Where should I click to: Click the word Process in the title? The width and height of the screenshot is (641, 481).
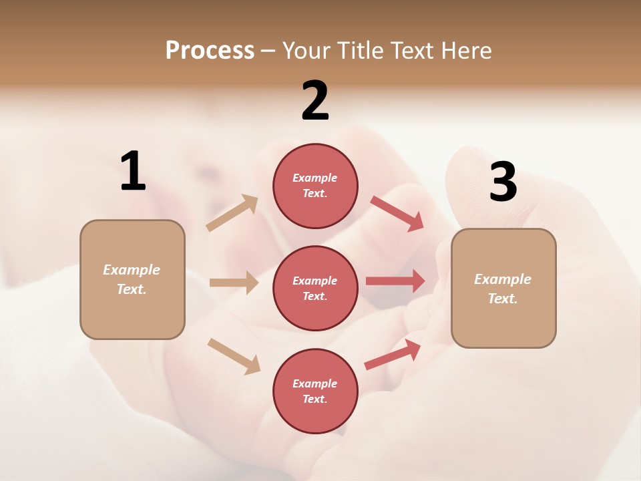[x=210, y=51]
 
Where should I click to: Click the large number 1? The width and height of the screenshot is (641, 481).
[x=133, y=172]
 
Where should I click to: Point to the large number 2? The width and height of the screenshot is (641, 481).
[x=315, y=101]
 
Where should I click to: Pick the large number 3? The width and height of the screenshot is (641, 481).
[x=503, y=182]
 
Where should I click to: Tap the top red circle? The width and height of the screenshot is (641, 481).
[x=315, y=186]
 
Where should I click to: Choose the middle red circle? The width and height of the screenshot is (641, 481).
[x=315, y=288]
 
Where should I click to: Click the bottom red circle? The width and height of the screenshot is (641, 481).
[x=315, y=391]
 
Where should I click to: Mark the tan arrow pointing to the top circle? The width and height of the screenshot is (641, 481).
[x=232, y=212]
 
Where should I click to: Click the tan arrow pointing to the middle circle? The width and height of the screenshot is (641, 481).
[x=234, y=283]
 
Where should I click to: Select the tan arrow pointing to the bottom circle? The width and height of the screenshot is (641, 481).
[x=234, y=356]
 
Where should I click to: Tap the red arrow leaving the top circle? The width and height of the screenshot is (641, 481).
[x=397, y=213]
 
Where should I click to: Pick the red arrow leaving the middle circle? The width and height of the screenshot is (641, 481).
[x=395, y=281]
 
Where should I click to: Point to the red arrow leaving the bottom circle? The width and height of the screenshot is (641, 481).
[x=393, y=355]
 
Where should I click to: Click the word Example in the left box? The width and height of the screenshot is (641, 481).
[x=132, y=270]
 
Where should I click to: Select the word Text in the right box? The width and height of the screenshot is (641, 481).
[x=502, y=299]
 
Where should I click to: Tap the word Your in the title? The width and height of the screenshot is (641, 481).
[x=307, y=51]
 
